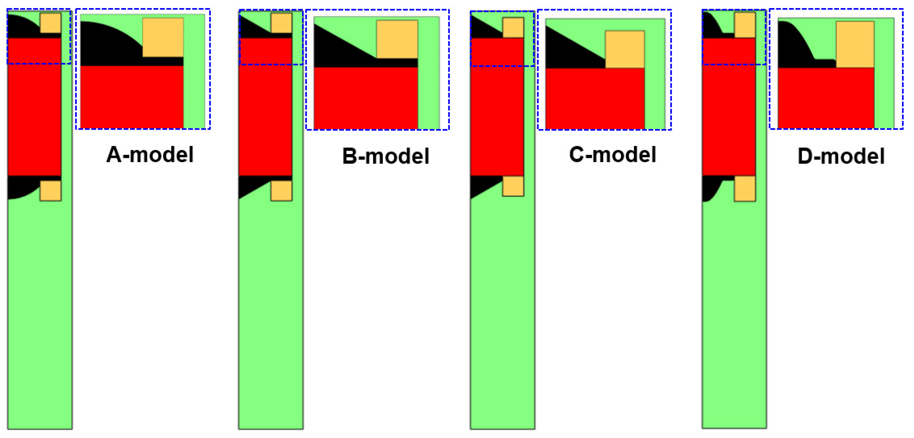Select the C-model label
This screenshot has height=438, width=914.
pyautogui.click(x=612, y=155)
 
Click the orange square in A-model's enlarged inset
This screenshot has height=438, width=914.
pyautogui.click(x=163, y=37)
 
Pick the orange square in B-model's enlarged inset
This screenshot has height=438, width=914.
pyautogui.click(x=397, y=39)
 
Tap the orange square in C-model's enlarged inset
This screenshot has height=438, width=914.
pyautogui.click(x=625, y=49)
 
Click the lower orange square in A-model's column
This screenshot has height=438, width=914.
pyautogui.click(x=50, y=191)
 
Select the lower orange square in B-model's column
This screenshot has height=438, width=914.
pyautogui.click(x=281, y=191)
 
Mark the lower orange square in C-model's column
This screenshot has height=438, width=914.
pyautogui.click(x=513, y=186)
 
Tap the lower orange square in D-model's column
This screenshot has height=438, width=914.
pyautogui.click(x=745, y=188)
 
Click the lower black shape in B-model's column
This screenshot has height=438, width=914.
pyautogui.click(x=250, y=185)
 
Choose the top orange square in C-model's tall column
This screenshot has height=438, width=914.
pyautogui.click(x=513, y=27)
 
